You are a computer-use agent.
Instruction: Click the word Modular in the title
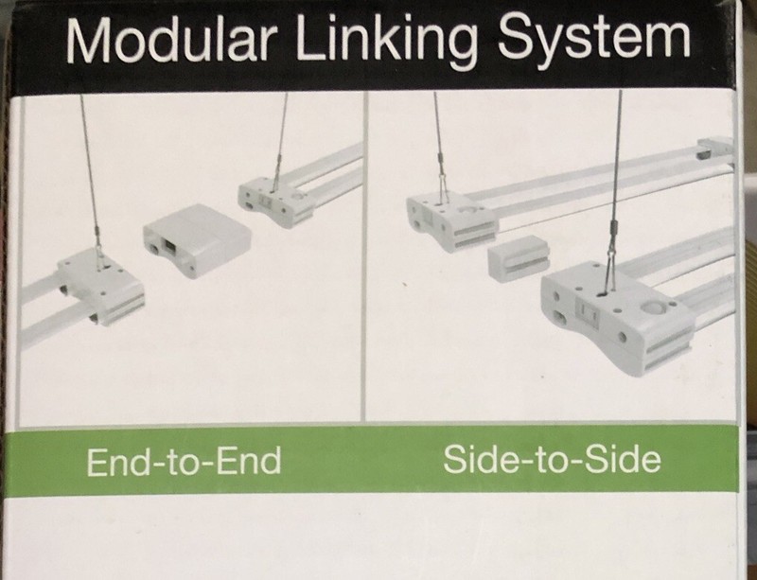171,40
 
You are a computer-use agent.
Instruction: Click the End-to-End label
184,461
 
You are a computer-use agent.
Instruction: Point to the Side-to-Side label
552,459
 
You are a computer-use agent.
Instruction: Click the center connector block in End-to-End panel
197,240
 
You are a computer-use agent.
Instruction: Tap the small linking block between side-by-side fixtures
519,258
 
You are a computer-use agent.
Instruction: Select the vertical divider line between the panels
364,256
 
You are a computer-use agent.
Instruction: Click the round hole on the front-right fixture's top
653,308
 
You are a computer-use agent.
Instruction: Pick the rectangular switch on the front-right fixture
588,312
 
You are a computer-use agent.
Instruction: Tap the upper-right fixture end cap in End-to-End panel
275,202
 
